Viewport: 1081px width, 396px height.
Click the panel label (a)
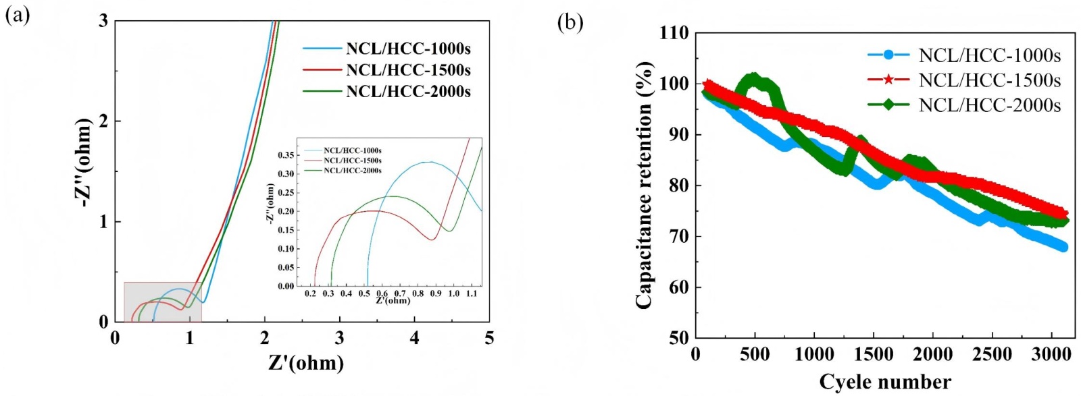click(18, 15)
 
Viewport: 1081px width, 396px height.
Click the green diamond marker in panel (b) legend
click(888, 105)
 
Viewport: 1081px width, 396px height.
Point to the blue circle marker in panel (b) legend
click(888, 55)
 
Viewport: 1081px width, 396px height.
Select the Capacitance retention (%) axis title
click(644, 186)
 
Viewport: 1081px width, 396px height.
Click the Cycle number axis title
click(885, 382)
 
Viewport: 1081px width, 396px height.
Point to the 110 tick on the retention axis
click(674, 32)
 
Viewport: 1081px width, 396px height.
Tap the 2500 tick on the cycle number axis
click(992, 354)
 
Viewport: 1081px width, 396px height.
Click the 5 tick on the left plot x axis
click(489, 337)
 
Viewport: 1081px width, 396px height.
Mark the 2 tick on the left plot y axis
click(103, 121)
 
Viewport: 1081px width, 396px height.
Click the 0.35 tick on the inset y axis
click(286, 155)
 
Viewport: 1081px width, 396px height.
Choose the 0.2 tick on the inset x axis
click(310, 294)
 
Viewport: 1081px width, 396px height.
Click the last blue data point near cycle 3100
click(1063, 247)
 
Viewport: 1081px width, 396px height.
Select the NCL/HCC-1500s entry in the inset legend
click(352, 161)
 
